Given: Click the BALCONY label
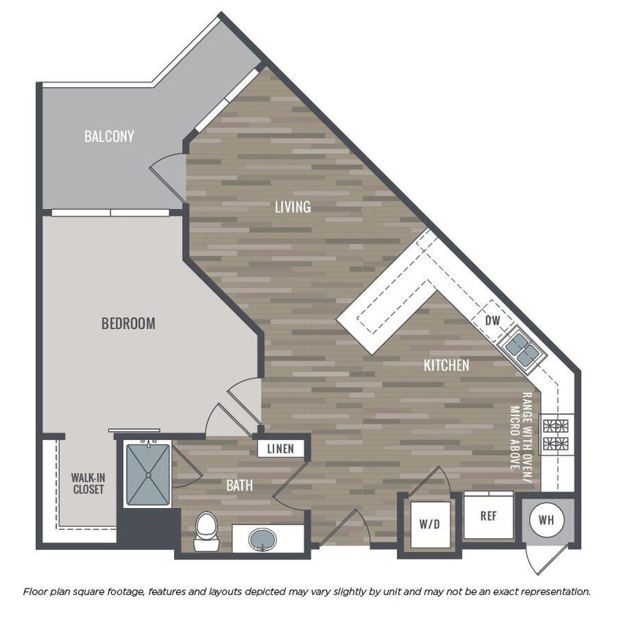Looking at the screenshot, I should [109, 136].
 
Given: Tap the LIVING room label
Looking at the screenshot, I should [292, 207].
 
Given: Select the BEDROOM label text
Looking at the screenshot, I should [128, 323].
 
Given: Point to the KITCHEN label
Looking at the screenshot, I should [446, 365].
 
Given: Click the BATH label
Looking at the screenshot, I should [239, 485].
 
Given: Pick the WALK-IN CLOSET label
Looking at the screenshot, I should [88, 483].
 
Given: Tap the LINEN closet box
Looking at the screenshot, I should [280, 449].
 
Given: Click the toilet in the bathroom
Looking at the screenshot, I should [205, 531].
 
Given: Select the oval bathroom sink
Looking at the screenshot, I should [263, 541].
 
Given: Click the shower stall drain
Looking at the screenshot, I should [148, 474].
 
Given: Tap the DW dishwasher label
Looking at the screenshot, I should [492, 320].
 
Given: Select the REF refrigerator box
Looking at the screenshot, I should [488, 515].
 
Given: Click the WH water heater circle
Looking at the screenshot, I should [547, 521].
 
